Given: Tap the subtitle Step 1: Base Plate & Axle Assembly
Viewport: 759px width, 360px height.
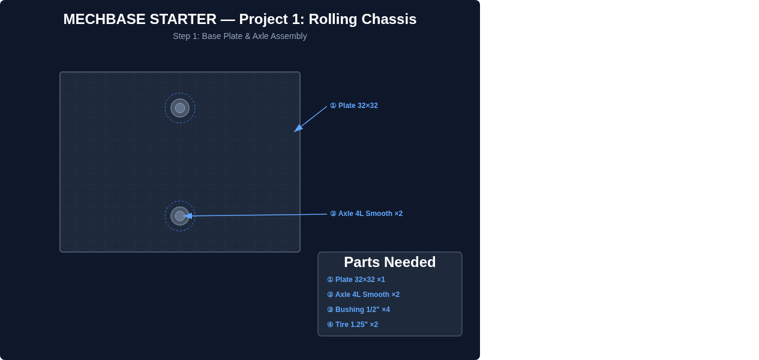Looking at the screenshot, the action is pyautogui.click(x=240, y=36).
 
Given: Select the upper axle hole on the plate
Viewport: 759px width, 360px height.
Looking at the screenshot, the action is pyautogui.click(x=180, y=108).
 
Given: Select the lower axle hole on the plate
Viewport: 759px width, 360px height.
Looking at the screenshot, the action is pyautogui.click(x=180, y=216).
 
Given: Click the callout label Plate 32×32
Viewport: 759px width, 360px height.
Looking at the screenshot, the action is pyautogui.click(x=358, y=106).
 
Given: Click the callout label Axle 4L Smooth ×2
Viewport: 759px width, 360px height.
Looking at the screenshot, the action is pyautogui.click(x=370, y=214).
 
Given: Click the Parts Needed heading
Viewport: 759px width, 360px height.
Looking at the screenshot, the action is pyautogui.click(x=389, y=262).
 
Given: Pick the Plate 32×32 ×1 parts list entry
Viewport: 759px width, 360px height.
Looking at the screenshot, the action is pyautogui.click(x=356, y=280).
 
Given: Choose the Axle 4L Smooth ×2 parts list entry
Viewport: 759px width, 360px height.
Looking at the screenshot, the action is pyautogui.click(x=363, y=295).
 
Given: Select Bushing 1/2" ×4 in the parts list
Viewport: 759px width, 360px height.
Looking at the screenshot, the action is pyautogui.click(x=358, y=310).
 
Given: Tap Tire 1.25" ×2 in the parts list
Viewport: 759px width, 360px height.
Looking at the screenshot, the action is pyautogui.click(x=353, y=325).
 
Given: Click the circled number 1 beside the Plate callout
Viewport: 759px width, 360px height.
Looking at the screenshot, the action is pyautogui.click(x=334, y=106).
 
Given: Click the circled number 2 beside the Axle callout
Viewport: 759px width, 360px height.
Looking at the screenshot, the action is pyautogui.click(x=334, y=214).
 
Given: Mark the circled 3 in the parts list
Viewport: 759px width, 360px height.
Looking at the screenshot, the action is pyautogui.click(x=331, y=310).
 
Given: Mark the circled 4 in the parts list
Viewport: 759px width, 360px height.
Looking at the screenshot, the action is pyautogui.click(x=331, y=325).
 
